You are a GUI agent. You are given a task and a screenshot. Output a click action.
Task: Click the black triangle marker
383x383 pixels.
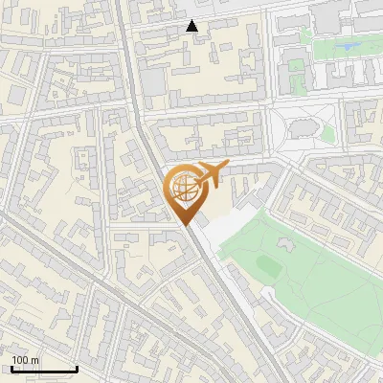(192, 27)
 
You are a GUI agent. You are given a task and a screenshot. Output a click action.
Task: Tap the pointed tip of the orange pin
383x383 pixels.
(185, 224)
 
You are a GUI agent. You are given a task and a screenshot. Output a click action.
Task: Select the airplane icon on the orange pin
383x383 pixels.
(209, 174)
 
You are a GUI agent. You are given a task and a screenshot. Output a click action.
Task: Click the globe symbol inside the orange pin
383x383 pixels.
(182, 187)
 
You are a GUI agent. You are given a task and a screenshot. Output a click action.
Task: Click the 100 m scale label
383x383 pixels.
(26, 361)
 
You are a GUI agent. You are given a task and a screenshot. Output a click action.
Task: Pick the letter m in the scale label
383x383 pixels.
(36, 361)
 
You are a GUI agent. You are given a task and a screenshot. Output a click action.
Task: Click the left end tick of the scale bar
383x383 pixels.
(11, 369)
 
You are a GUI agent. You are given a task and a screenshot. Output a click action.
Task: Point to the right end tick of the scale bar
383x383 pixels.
(77, 369)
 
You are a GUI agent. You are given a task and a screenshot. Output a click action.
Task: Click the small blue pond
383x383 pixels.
(348, 45)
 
